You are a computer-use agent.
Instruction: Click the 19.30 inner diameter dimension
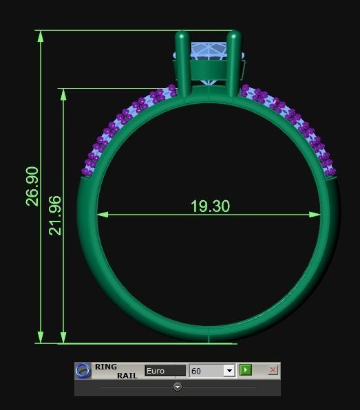click(210, 206)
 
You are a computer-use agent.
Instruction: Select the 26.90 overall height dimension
click(32, 186)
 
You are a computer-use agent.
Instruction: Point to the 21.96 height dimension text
click(55, 215)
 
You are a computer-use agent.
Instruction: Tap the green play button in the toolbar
click(246, 370)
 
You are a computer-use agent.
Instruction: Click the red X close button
click(273, 370)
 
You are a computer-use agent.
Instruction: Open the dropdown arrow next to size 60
click(229, 371)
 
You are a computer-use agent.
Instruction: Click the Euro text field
click(165, 371)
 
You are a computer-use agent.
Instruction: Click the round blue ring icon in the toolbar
click(83, 371)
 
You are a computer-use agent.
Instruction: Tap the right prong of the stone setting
click(233, 62)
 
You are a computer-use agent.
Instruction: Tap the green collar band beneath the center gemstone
click(209, 72)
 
